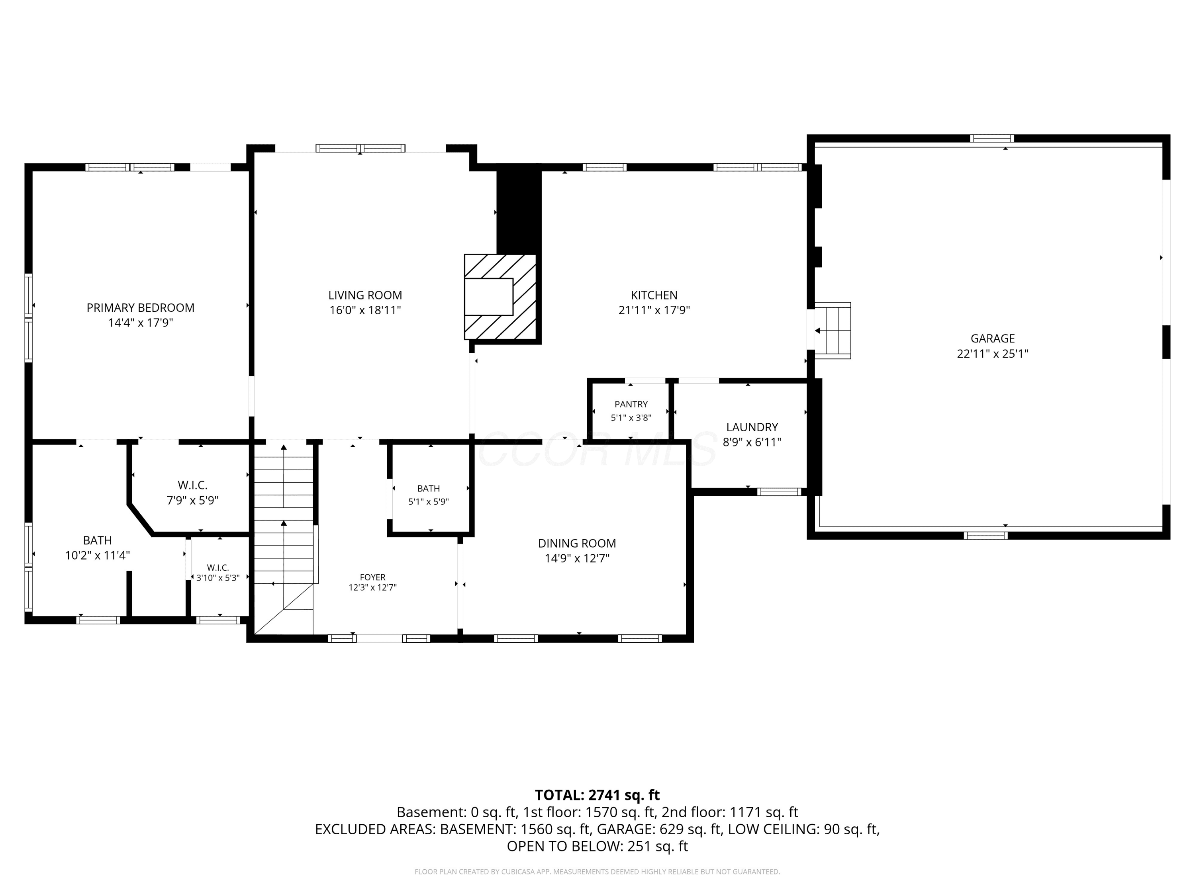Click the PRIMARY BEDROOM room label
141,308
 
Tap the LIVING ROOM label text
365,295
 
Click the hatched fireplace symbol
500,297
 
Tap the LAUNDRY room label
752,427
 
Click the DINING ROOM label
577,543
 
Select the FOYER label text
373,577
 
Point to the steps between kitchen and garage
833,331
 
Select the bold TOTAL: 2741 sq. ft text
597,795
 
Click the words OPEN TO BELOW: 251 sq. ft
597,846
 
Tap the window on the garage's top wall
992,138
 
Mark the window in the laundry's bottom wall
779,491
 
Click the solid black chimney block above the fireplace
519,209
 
